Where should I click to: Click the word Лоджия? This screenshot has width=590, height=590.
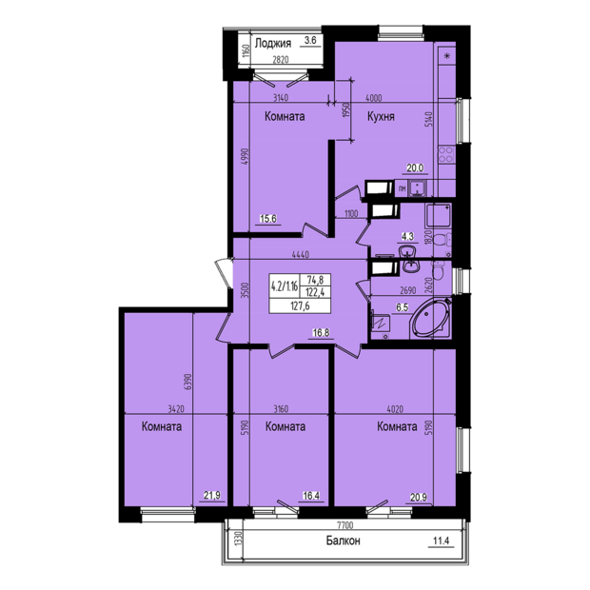tap(273, 43)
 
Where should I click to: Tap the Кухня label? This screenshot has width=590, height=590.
tap(381, 116)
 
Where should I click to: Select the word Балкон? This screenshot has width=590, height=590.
tap(343, 541)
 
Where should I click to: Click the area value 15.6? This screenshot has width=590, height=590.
tap(268, 219)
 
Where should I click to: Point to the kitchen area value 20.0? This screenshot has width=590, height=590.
tap(415, 168)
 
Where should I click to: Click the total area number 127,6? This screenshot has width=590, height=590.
tap(300, 305)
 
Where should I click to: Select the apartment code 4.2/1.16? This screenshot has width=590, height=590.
tap(285, 286)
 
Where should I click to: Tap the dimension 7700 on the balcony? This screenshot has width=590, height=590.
tap(345, 525)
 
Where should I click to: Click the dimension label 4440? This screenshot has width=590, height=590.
tap(301, 255)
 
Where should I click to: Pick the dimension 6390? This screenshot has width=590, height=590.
tap(188, 383)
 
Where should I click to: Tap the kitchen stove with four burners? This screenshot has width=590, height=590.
tap(446, 155)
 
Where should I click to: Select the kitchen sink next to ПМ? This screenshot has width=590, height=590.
tap(416, 188)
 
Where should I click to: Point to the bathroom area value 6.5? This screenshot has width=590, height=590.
tap(402, 307)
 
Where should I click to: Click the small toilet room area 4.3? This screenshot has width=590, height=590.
tap(407, 237)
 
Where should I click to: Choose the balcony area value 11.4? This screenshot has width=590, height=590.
tap(442, 541)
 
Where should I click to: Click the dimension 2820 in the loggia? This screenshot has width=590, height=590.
tap(280, 59)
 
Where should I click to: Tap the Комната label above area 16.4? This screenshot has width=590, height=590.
tap(285, 426)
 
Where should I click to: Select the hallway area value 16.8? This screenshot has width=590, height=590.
tap(321, 332)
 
